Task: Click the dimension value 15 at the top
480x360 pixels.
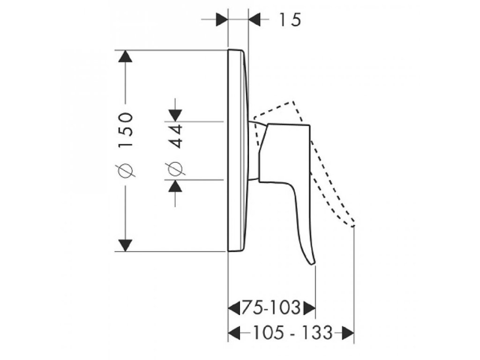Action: coord(290,20)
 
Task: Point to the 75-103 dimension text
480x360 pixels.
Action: coord(270,307)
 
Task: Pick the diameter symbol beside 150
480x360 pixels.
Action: coord(127,168)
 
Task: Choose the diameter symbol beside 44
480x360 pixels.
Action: coord(175,169)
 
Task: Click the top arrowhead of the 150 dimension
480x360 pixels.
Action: coord(125,56)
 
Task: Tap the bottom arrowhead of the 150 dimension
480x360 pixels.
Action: coord(125,245)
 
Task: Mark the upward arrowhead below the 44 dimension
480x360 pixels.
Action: coord(175,186)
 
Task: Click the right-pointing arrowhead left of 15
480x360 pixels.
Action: coord(221,20)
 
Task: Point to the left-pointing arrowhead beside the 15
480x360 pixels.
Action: coord(255,20)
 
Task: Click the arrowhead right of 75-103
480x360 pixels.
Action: coord(309,308)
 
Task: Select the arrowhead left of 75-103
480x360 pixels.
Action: coord(234,308)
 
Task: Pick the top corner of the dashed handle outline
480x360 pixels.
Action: coord(293,102)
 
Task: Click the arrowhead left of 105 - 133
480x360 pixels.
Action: coord(234,333)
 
